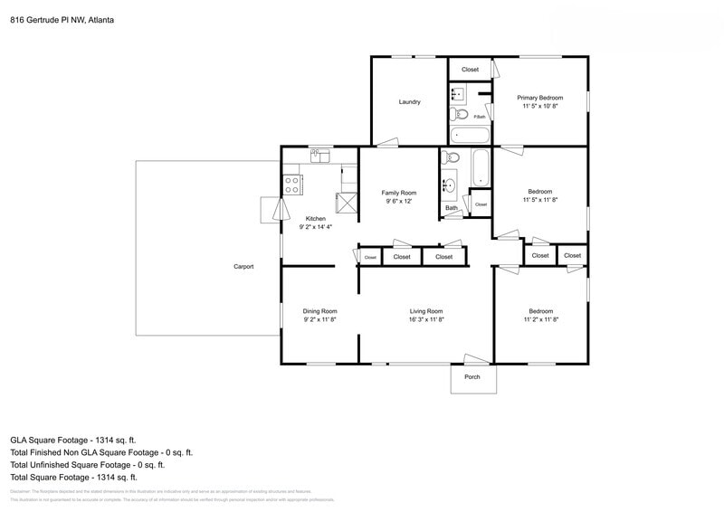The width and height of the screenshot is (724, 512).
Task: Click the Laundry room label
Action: pos(409,101)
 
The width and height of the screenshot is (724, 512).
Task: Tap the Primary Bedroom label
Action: pos(539,98)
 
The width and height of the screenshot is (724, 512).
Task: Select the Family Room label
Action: pos(398,193)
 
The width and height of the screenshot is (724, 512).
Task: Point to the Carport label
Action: pos(243,267)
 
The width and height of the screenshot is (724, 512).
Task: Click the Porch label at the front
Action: pos(472,377)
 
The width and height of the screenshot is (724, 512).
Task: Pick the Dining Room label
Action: pos(319,311)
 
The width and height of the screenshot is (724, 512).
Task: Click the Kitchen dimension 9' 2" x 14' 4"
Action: pos(316,227)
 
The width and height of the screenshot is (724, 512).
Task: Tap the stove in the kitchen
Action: pos(293,185)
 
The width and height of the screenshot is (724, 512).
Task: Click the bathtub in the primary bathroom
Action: pos(469,136)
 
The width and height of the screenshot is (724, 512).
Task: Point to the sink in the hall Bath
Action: pos(449,186)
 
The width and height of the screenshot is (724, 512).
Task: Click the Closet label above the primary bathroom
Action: pos(470,70)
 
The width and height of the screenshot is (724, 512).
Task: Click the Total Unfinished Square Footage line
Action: pos(87,464)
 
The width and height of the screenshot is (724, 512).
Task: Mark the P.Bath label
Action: pos(480,117)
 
